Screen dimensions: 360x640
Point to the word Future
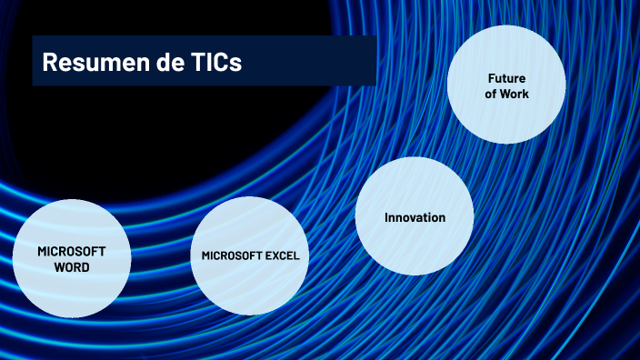(506, 78)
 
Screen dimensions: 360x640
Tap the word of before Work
(491, 94)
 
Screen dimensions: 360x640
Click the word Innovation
(415, 217)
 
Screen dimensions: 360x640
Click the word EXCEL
(281, 255)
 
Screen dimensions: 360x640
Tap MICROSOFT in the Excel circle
(232, 255)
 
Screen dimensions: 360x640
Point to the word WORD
(72, 267)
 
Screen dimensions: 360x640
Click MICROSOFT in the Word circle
(72, 251)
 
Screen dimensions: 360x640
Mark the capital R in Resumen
(49, 62)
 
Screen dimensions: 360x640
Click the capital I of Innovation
(386, 217)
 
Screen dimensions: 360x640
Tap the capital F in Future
(490, 78)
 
